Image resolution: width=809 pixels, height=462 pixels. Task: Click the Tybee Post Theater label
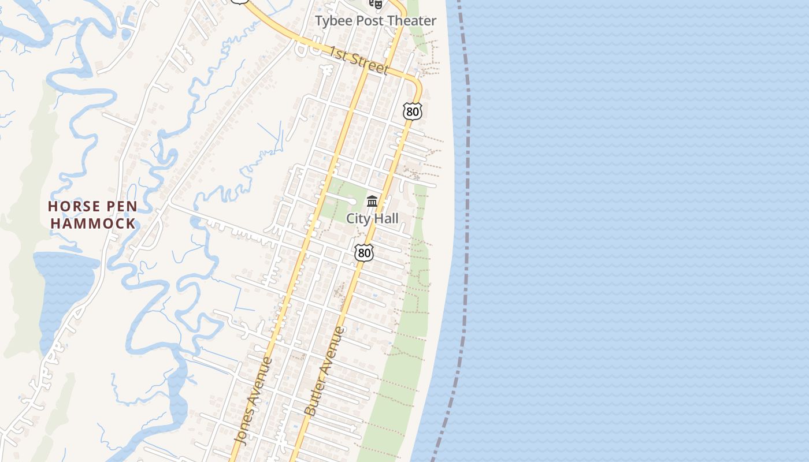(375, 21)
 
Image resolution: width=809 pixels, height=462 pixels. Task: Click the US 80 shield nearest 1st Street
(413, 111)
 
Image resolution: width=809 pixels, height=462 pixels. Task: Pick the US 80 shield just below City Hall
(364, 252)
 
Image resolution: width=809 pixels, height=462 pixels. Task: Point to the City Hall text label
(372, 218)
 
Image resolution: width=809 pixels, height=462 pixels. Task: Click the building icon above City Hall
(372, 202)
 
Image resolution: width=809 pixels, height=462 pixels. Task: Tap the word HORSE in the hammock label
(68, 206)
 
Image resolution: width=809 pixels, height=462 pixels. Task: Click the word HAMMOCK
(93, 223)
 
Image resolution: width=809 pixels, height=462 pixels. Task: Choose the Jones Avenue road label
(253, 400)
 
